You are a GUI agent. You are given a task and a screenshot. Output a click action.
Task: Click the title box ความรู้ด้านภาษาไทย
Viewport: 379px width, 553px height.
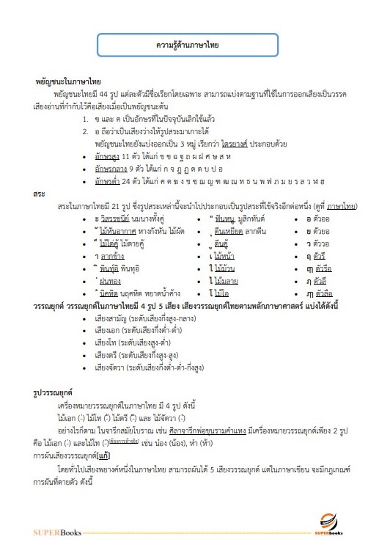(188, 45)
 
